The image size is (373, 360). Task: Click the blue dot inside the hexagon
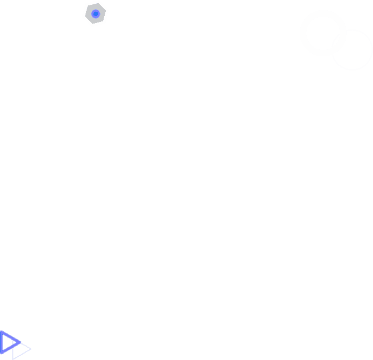click(96, 14)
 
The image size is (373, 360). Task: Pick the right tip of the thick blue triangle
click(21, 342)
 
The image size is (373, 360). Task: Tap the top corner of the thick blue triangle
click(1, 331)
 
